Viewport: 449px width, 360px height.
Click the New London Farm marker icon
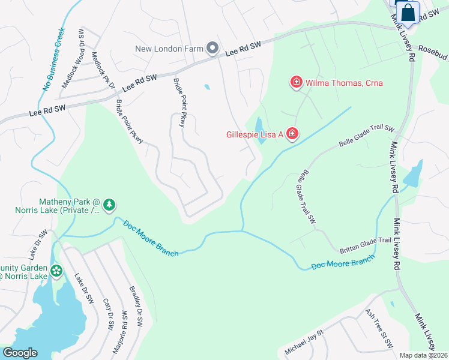[x=212, y=47]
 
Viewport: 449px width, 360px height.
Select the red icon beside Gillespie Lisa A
[x=292, y=133]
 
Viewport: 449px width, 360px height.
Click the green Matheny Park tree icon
[x=109, y=206]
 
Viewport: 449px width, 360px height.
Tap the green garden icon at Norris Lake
[x=56, y=271]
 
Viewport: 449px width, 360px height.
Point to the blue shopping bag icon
[x=408, y=12]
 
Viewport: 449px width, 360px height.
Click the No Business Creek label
[x=54, y=59]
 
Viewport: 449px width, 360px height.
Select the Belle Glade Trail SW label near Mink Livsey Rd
[x=366, y=137]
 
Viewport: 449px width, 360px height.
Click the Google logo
[x=20, y=353]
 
